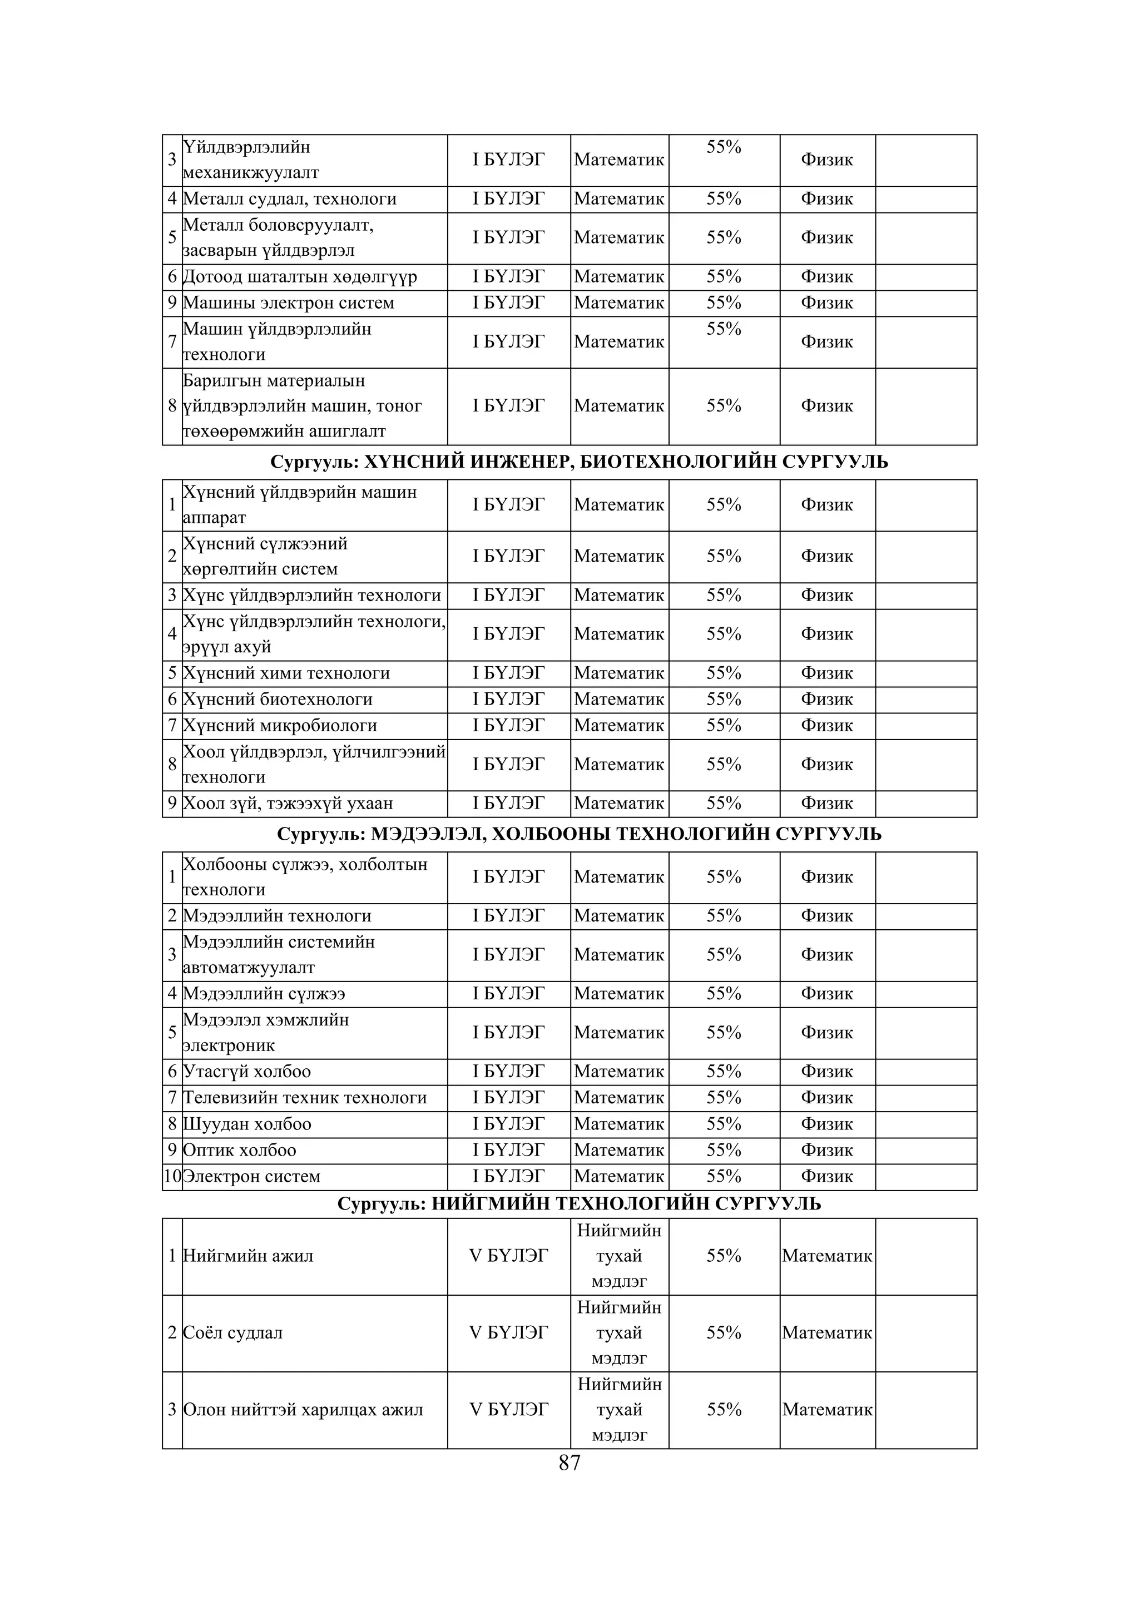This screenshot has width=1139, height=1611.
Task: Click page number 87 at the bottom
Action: pos(569,1463)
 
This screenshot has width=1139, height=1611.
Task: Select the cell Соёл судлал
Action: pos(232,1332)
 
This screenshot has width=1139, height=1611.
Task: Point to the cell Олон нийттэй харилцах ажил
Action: pos(303,1410)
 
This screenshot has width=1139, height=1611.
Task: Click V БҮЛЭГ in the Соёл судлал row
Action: pos(508,1332)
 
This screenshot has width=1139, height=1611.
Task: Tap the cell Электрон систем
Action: pos(251,1176)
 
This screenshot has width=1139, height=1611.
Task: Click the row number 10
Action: pos(172,1176)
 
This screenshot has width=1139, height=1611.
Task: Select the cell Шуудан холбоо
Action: pos(246,1123)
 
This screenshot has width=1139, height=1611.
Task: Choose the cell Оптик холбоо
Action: pos(239,1150)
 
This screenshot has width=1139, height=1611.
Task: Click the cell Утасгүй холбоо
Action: pos(246,1072)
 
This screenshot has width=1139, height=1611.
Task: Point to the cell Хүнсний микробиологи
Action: pos(279,726)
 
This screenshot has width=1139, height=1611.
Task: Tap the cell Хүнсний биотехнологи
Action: pos(277,699)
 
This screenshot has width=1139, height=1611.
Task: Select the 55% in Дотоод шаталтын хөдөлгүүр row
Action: pos(724,276)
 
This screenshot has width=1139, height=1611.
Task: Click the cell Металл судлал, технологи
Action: pos(289,199)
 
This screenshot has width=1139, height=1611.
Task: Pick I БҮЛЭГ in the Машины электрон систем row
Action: pos(508,303)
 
